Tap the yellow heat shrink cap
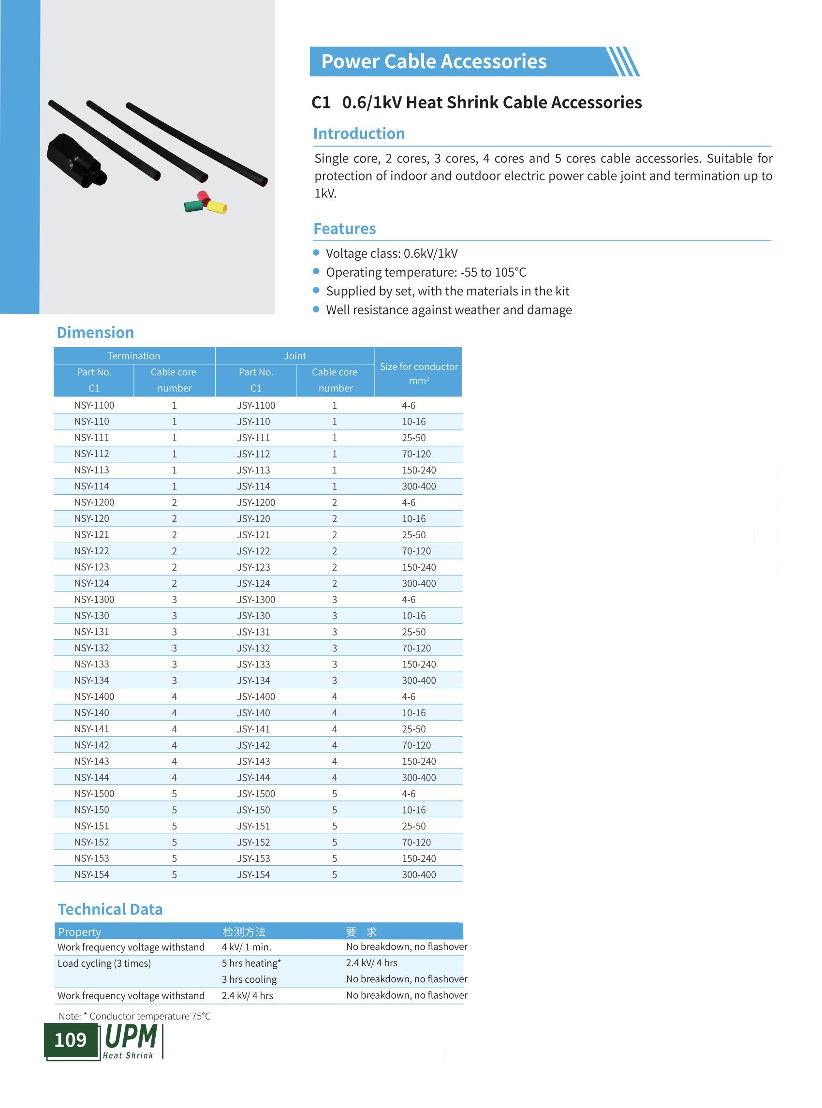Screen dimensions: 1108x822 click(218, 206)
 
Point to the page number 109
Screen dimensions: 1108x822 click(70, 1040)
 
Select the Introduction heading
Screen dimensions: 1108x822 click(359, 133)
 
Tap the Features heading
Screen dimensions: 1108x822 click(344, 228)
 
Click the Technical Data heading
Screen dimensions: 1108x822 click(110, 909)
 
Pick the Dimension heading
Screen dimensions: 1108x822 click(95, 333)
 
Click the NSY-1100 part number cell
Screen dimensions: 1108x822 click(94, 405)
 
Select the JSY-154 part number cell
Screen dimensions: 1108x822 click(253, 874)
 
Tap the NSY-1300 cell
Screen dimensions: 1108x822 click(94, 599)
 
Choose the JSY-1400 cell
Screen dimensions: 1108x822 click(256, 696)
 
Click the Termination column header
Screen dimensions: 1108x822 click(134, 356)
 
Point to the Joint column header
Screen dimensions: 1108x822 click(295, 356)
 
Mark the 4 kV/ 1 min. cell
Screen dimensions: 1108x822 click(246, 947)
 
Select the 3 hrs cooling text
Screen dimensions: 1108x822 click(249, 979)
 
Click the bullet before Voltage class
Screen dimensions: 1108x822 click(316, 253)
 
